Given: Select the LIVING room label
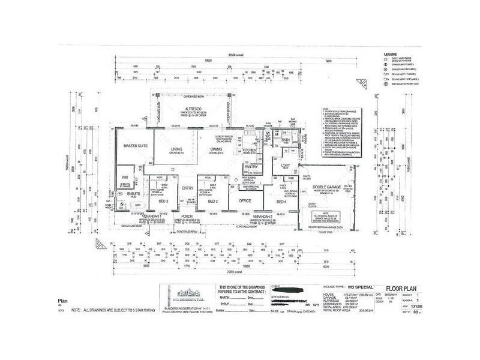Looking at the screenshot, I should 176,149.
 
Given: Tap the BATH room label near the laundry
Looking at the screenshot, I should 286,140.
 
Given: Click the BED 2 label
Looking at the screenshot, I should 212,201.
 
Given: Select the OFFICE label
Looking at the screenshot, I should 244,201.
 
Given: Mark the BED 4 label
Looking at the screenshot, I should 280,201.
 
